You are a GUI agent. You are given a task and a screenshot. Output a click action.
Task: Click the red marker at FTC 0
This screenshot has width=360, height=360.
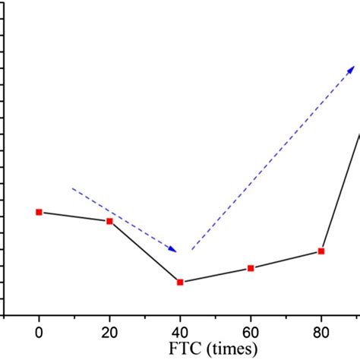(x=39, y=212)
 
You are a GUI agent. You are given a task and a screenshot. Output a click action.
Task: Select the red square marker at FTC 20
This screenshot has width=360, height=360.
(x=109, y=221)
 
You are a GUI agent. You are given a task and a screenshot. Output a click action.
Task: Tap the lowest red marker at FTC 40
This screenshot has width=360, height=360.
(x=180, y=282)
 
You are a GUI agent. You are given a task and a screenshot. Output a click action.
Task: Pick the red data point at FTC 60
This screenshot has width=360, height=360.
(x=251, y=268)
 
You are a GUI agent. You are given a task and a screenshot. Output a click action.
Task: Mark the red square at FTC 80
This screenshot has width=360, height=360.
(x=321, y=251)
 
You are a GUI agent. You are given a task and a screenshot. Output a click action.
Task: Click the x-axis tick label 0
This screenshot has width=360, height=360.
(x=39, y=331)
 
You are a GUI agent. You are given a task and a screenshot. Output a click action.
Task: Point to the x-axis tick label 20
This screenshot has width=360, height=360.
(x=109, y=331)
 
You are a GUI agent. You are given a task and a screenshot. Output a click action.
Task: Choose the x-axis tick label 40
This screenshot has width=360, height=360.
(x=180, y=331)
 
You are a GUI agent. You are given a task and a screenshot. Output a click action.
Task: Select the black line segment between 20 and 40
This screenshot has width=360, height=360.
(x=144, y=251)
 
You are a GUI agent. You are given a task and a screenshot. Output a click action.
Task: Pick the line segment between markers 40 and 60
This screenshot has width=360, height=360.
(x=215, y=275)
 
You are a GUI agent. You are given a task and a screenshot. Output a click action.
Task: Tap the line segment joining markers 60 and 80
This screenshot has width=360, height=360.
(x=286, y=260)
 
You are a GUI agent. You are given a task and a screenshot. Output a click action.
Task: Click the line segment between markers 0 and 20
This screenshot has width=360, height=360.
(x=74, y=216)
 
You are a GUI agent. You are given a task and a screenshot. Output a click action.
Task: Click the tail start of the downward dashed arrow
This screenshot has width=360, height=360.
(x=73, y=188)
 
